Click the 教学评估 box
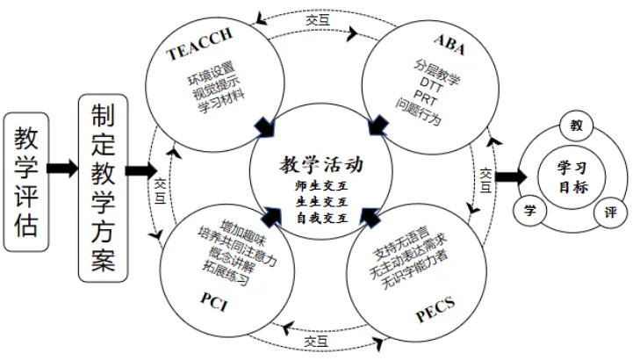coord(26,182)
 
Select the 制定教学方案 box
coord(104,188)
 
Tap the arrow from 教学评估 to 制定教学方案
coord(62,169)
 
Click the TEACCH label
coord(199,44)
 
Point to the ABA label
coord(449,45)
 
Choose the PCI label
coord(214,302)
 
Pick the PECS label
coord(435,309)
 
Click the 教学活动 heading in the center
coord(321,164)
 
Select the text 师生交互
coord(321,186)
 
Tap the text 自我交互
coord(322,219)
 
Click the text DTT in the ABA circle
coord(431,84)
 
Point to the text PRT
coord(425,97)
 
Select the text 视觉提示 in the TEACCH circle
coord(216,87)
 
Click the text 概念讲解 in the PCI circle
coord(232,258)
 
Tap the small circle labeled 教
coord(576,126)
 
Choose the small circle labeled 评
coord(611,212)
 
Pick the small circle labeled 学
coord(529,211)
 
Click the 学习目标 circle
coord(572,177)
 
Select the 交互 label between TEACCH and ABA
coord(318,19)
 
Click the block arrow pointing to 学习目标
coord(511,177)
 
